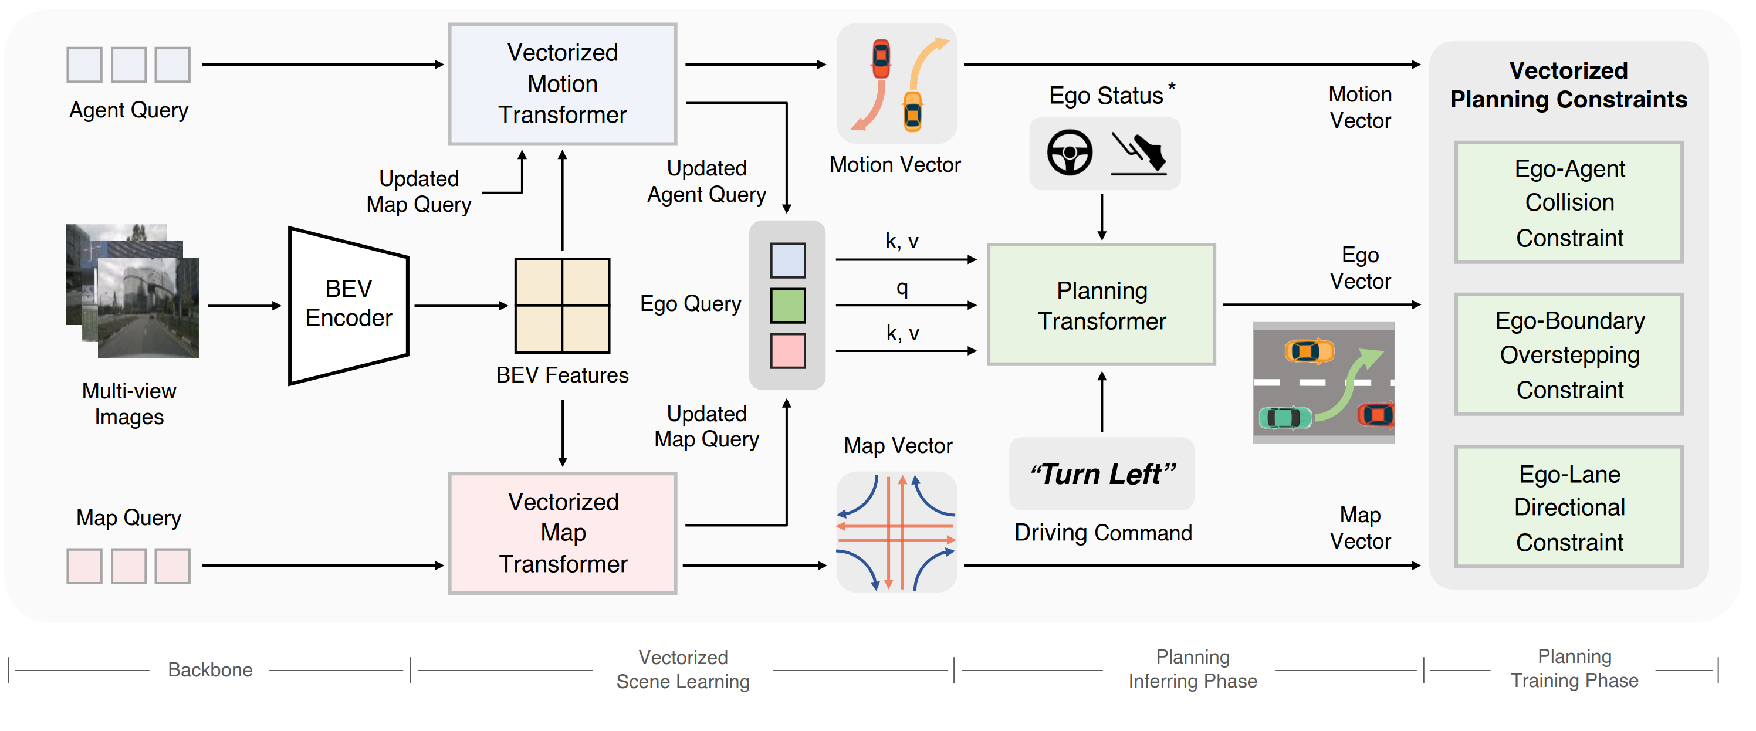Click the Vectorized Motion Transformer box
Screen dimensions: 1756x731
tap(563, 84)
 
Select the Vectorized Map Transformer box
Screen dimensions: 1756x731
tap(563, 533)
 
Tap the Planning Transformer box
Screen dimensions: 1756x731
tap(1102, 305)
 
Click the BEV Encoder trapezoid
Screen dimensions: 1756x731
tap(349, 306)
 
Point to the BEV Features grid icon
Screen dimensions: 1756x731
tap(563, 306)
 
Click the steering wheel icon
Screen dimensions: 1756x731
tap(1070, 153)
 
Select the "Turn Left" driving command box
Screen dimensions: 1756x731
tap(1102, 474)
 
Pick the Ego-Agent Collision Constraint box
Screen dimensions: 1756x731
tap(1569, 202)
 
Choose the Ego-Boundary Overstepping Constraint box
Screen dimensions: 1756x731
tap(1569, 354)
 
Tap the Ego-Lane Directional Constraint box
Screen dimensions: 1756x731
tap(1569, 507)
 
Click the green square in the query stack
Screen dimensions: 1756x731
tap(788, 306)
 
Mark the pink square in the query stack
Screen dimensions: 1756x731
tap(788, 350)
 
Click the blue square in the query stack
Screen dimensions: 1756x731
tap(788, 260)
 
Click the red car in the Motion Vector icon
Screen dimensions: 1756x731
tap(881, 59)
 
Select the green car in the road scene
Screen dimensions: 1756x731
tap(1285, 417)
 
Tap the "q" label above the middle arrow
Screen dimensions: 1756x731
tap(902, 287)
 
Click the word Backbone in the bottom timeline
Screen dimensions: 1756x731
tap(210, 669)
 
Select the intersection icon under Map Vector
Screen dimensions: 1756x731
tap(896, 533)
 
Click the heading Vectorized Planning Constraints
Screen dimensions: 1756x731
tap(1568, 84)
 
